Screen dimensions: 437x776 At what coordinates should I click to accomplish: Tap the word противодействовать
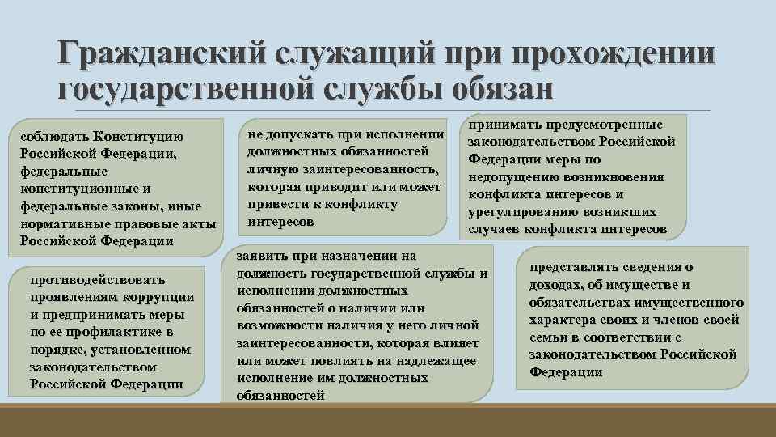click(x=97, y=279)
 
